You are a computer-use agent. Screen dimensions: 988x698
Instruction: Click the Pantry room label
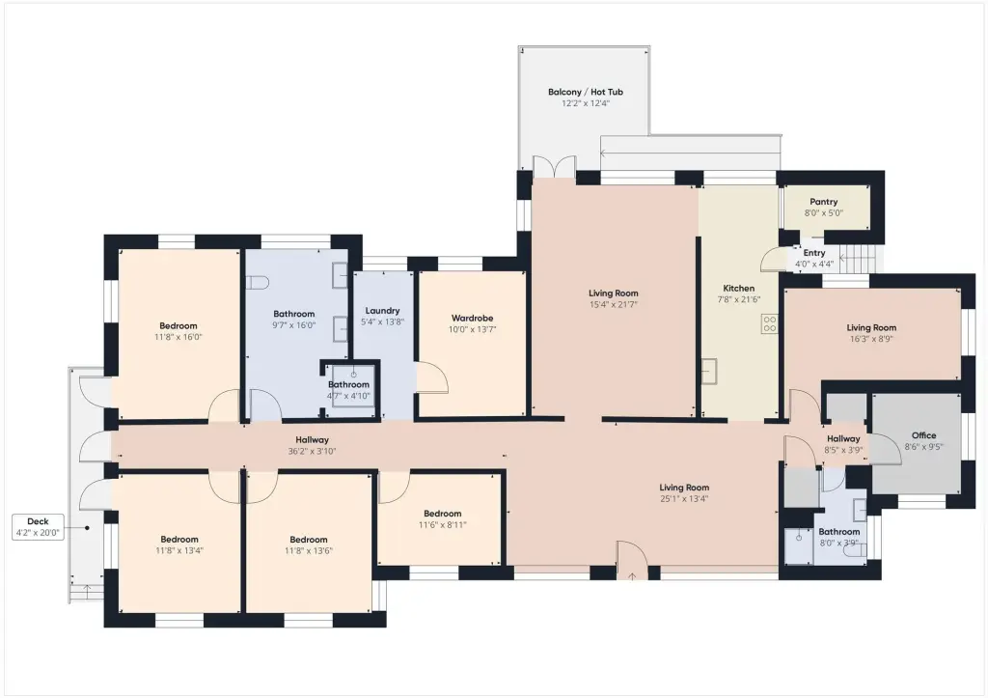coord(824,202)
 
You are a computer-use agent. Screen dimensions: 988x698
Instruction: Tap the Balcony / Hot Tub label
coord(586,92)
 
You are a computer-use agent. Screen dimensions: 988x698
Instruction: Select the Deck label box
coord(38,527)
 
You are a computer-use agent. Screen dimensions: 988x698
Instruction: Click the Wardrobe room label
coord(472,319)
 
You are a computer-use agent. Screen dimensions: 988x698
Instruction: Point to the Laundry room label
coord(382,311)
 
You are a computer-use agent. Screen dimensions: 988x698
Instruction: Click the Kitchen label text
coord(738,288)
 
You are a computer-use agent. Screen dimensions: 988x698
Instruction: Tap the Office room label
coord(923,435)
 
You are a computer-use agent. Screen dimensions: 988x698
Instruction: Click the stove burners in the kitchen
coord(770,324)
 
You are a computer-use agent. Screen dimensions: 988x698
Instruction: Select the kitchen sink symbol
coord(710,371)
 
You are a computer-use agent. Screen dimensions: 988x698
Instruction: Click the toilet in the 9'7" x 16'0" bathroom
coord(258,283)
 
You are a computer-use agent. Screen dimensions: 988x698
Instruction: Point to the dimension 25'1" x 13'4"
coord(684,499)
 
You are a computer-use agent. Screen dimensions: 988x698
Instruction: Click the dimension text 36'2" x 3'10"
coord(312,452)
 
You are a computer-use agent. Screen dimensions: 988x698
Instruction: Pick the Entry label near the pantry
coord(814,253)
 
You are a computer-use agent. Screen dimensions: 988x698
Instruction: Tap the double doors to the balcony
coord(554,167)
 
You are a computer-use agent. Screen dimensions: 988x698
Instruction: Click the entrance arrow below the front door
coord(632,576)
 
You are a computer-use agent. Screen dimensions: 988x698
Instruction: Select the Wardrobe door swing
coord(432,377)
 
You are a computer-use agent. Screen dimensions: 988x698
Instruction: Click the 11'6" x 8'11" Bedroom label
coord(442,514)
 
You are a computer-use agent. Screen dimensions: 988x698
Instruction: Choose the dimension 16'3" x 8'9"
coord(871,339)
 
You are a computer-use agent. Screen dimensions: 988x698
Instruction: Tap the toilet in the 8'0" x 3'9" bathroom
coord(855,550)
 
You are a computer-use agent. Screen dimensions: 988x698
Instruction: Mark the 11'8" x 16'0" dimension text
coord(178,337)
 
